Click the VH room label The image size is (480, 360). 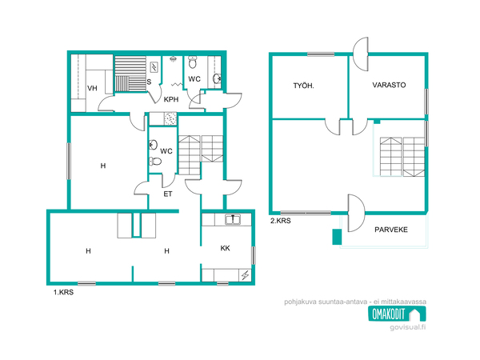click(x=92, y=89)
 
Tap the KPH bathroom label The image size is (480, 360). click(x=171, y=99)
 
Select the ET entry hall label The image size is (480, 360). click(x=168, y=194)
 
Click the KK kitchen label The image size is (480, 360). click(x=226, y=248)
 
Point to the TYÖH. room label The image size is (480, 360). click(x=304, y=86)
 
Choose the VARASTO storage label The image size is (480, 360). click(x=389, y=85)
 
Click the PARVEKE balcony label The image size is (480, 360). click(x=391, y=230)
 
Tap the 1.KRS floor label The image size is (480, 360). click(x=64, y=292)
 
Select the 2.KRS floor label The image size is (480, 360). click(x=281, y=221)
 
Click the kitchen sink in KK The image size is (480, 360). click(x=233, y=219)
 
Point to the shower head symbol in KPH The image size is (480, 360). click(x=173, y=58)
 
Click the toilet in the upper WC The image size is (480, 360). click(x=193, y=62)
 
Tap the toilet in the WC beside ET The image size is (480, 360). click(x=155, y=161)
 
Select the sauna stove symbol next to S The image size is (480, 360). click(x=154, y=67)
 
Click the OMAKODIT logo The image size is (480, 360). click(x=397, y=314)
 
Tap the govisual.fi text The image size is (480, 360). click(x=408, y=327)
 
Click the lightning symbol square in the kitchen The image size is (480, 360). click(x=246, y=275)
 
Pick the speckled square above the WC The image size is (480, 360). click(x=170, y=118)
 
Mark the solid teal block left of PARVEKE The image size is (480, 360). click(x=337, y=237)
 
